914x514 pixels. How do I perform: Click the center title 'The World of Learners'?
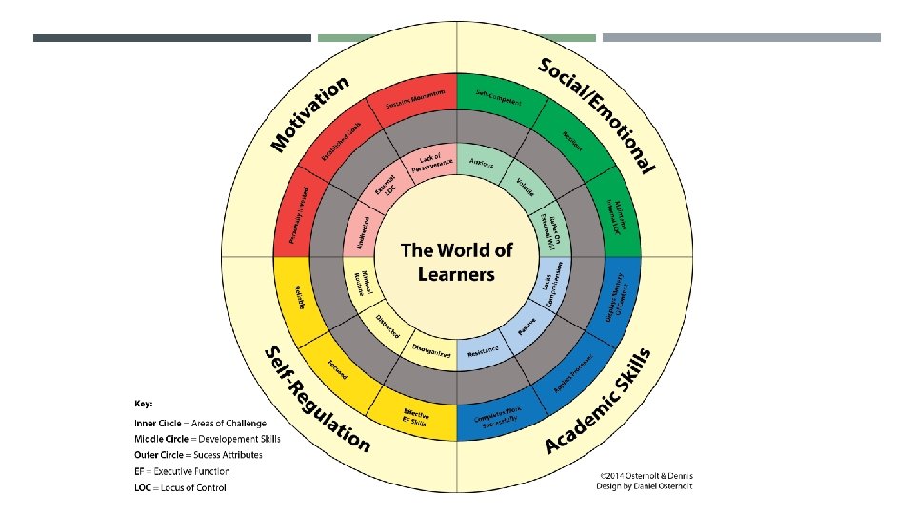(457, 262)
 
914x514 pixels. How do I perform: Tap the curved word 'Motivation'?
(310, 112)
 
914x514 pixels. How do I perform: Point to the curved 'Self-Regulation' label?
(315, 400)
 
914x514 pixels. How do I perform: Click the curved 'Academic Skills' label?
(599, 401)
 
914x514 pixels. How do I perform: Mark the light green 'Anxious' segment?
(483, 163)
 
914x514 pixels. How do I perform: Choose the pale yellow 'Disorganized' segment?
(430, 350)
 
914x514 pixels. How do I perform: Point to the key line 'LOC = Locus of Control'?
(181, 487)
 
